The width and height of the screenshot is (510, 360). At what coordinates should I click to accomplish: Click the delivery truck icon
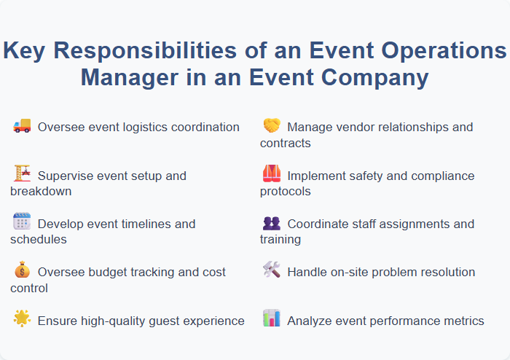click(x=22, y=126)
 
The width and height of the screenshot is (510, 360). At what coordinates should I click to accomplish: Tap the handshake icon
click(x=271, y=126)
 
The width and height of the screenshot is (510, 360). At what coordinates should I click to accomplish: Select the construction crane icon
click(x=22, y=174)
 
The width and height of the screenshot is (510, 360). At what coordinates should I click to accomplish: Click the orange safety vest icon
click(x=271, y=174)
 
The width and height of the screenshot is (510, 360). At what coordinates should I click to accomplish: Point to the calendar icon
click(x=22, y=222)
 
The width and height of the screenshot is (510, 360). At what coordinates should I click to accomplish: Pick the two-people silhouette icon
click(x=271, y=222)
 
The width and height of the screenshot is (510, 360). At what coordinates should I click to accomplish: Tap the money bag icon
click(x=22, y=270)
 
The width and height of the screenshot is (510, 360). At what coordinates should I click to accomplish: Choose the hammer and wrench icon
click(x=271, y=270)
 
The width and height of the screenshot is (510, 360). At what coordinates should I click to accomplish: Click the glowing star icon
click(x=22, y=318)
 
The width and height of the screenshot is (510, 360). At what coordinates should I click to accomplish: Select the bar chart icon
click(x=271, y=318)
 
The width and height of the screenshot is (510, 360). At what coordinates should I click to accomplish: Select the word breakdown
click(x=40, y=192)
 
